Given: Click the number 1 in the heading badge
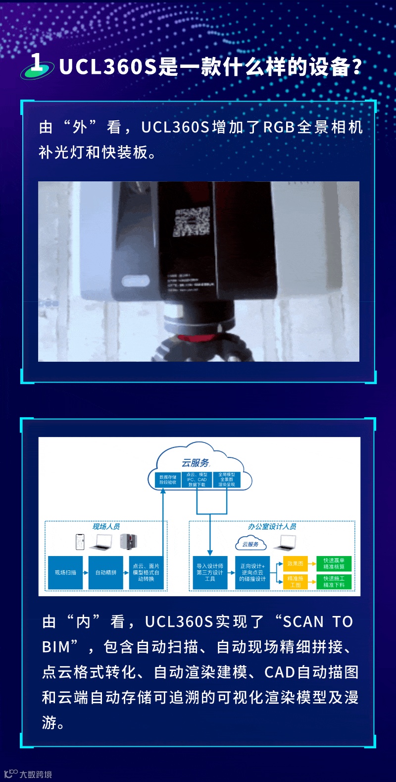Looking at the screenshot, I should (37, 62).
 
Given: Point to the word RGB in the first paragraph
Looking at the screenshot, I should (279, 127).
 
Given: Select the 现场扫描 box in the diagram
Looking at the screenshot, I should (65, 572).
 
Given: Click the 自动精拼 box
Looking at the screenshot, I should (105, 572).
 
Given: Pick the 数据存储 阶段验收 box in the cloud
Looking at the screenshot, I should (167, 480).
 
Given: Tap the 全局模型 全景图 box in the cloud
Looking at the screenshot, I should (227, 480).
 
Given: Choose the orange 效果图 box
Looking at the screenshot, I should (295, 563).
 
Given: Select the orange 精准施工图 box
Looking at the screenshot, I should (295, 581).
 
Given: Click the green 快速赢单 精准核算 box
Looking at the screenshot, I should (334, 563).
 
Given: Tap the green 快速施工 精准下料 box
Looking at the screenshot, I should (334, 581).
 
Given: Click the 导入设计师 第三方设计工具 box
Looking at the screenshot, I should (210, 572).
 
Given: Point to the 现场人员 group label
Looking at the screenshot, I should (106, 526).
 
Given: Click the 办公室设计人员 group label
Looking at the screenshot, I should (272, 526).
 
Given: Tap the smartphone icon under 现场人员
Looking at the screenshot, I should (80, 542).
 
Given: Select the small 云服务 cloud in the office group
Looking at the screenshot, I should (250, 544).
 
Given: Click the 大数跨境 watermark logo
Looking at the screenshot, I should (28, 774).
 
